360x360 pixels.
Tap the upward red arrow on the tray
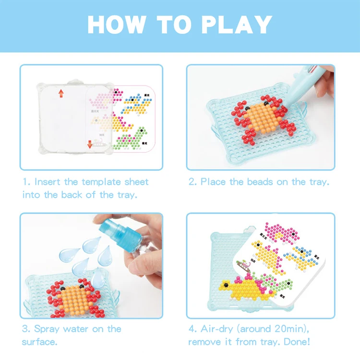pyautogui.click(x=61, y=93)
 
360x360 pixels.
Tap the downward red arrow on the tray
pyautogui.click(x=90, y=144)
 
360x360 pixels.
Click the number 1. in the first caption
pyautogui.click(x=27, y=182)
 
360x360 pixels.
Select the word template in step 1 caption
pyautogui.click(x=99, y=182)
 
